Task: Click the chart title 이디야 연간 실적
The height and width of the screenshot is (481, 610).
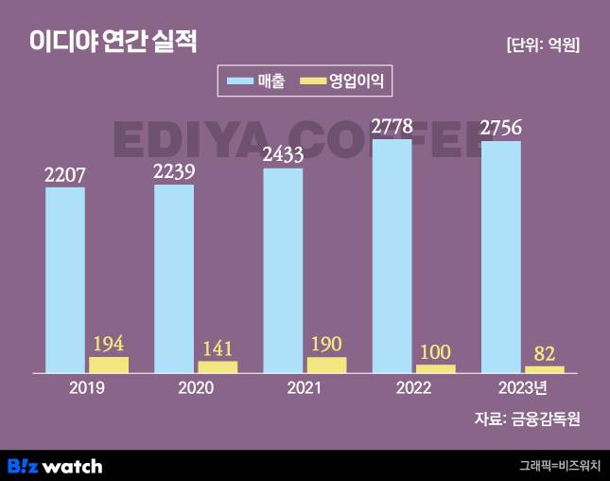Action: (x=113, y=41)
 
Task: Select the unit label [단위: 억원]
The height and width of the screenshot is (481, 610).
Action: (x=543, y=45)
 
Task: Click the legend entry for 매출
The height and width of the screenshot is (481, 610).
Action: (x=255, y=81)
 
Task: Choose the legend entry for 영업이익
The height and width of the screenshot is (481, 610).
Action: (x=345, y=81)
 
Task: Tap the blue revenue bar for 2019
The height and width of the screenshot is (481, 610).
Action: (x=65, y=279)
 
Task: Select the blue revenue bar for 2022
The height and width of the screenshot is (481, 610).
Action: (x=392, y=256)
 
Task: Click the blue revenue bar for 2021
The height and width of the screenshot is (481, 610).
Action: (x=283, y=270)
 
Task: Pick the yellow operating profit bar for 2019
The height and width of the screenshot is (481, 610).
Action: (x=109, y=365)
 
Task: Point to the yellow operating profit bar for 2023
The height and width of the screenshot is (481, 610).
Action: (x=544, y=368)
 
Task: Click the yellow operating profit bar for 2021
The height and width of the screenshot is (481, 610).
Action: (x=326, y=365)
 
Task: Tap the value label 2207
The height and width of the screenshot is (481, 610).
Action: (x=65, y=174)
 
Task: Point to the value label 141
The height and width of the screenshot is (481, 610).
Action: (x=218, y=347)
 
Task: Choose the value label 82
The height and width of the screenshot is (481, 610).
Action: (x=544, y=353)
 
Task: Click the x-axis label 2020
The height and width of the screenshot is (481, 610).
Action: (x=196, y=388)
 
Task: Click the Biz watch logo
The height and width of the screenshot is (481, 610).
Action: (x=55, y=465)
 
